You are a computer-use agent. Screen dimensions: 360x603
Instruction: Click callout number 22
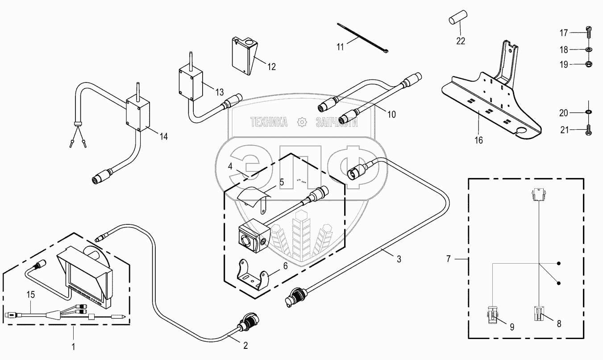(x=461, y=41)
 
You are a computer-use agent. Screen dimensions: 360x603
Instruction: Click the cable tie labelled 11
(x=362, y=39)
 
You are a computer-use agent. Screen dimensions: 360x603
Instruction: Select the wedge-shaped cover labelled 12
(x=243, y=56)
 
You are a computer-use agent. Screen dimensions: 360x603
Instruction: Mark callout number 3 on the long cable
(x=399, y=259)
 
